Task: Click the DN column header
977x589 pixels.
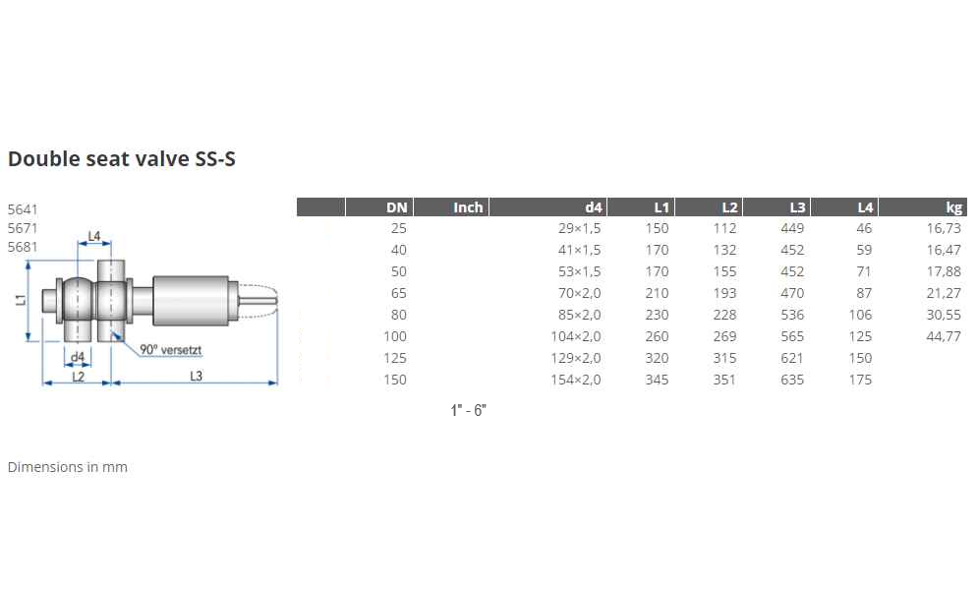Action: click(x=396, y=207)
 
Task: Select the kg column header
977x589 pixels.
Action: click(x=953, y=208)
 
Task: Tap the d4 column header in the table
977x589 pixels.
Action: click(x=594, y=207)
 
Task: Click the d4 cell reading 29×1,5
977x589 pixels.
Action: click(x=580, y=228)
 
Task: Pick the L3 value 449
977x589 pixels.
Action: click(x=792, y=228)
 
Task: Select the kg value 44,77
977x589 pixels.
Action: click(x=944, y=336)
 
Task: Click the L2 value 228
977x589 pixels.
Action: click(x=724, y=315)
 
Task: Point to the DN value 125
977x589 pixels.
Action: click(x=395, y=358)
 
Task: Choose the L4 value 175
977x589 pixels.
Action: click(x=860, y=380)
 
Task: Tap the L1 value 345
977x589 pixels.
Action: click(x=657, y=380)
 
